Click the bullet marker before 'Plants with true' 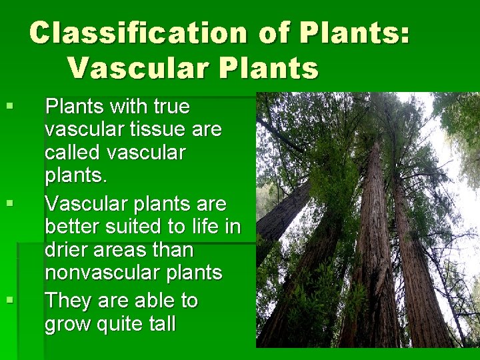click(x=9, y=105)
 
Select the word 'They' click(x=68, y=301)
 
